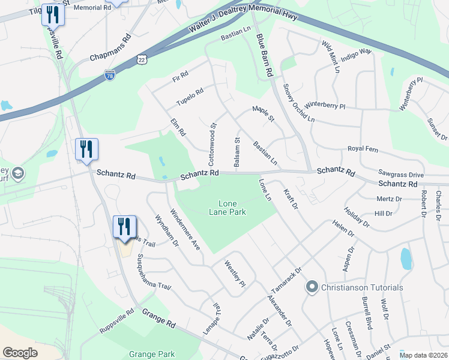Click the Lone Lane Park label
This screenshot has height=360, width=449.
click(228, 207)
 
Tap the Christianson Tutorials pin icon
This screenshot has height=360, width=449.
click(311, 287)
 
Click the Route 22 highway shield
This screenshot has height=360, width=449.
click(141, 58)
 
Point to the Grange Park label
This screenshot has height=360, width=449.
click(152, 354)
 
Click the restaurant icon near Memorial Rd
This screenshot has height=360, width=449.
click(53, 13)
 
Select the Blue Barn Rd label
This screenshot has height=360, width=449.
click(264, 55)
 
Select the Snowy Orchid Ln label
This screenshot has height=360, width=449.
click(298, 103)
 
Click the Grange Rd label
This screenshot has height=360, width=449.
click(159, 318)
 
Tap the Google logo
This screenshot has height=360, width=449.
click(20, 352)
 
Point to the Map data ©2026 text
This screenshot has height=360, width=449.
click(423, 355)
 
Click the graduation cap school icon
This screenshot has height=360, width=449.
click(18, 173)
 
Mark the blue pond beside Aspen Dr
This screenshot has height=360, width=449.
click(406, 258)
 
